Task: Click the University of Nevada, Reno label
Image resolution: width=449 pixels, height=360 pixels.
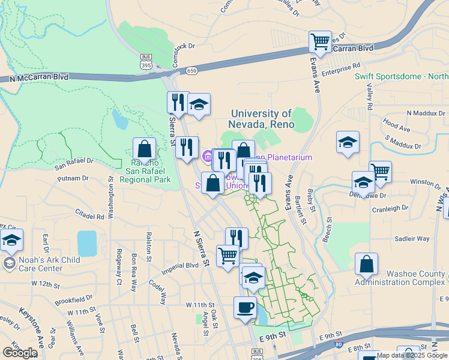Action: tap(262, 119)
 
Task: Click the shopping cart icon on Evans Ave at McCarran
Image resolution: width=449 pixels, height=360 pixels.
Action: tap(320, 42)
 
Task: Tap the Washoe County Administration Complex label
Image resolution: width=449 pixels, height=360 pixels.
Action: tap(400, 277)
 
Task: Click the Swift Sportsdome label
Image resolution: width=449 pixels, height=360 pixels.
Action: tap(401, 76)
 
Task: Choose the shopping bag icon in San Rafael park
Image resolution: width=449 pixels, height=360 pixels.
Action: tap(145, 149)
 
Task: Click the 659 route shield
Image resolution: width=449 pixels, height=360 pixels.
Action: tap(191, 71)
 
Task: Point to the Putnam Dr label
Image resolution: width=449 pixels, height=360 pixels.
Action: tap(74, 178)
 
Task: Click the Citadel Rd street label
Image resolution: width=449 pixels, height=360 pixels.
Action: tap(90, 212)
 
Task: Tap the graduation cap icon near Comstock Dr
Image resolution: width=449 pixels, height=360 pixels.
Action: tap(199, 105)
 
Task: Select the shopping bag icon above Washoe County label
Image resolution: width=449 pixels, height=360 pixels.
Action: tap(366, 264)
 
